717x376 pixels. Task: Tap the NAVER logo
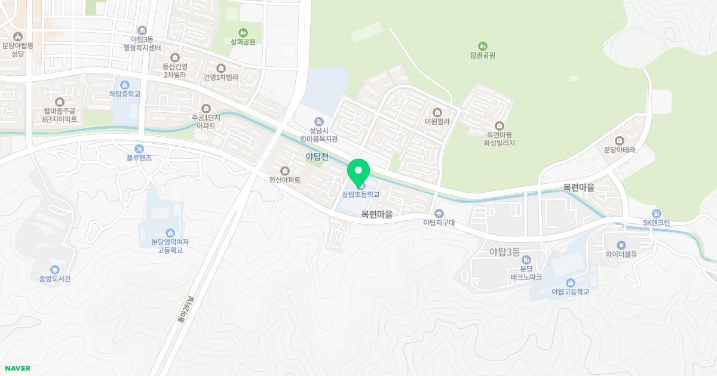pos(16,368)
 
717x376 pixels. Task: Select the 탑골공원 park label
pos(483,55)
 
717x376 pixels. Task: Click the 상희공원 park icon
pos(243,32)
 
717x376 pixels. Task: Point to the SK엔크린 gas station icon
pos(657,214)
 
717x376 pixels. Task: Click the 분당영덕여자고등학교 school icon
pos(170,232)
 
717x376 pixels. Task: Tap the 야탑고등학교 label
pos(570,292)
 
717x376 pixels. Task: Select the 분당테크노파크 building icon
pos(526,260)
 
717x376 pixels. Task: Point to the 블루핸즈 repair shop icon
pos(139,148)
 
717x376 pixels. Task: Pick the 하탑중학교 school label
pos(125,94)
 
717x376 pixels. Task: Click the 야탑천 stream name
pos(317,156)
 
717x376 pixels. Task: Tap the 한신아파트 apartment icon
pos(284,171)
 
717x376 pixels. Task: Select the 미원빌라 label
pos(437,121)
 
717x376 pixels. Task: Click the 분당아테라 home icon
pos(619,141)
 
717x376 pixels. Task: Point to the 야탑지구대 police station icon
pos(439,213)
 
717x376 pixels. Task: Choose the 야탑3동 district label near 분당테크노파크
pos(505,252)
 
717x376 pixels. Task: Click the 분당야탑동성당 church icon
pos(18,37)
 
